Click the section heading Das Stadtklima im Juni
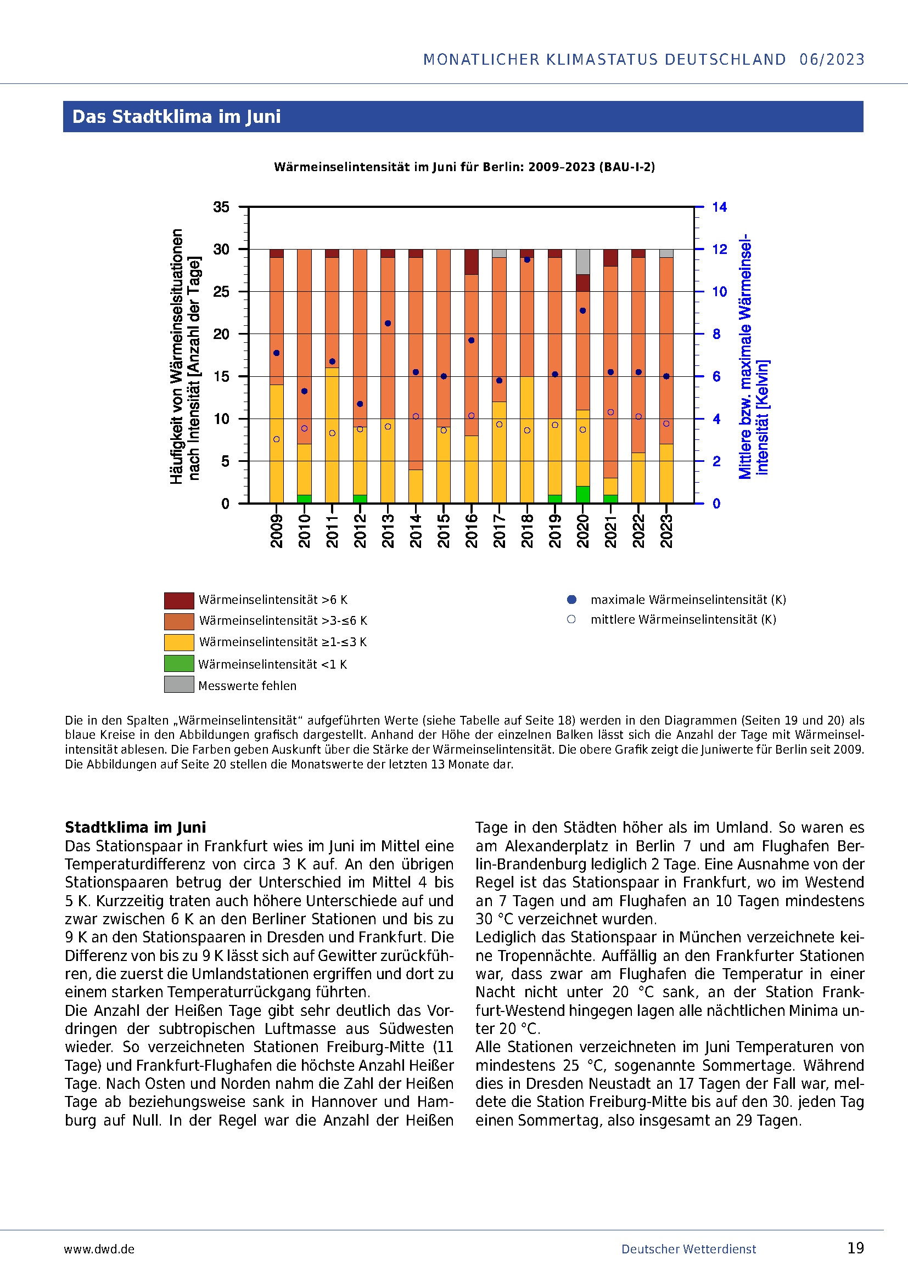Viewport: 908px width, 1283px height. [x=176, y=117]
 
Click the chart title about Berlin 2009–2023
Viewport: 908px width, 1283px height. [x=464, y=167]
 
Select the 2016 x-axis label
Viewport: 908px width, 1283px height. [x=471, y=531]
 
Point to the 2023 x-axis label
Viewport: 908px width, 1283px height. [x=666, y=531]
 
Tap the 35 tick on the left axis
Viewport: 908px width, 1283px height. [x=221, y=207]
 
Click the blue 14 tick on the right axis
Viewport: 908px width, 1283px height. [x=719, y=207]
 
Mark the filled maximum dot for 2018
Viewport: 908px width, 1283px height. [x=526, y=260]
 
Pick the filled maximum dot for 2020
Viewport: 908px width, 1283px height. [x=582, y=310]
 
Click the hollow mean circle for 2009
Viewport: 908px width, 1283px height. [x=276, y=439]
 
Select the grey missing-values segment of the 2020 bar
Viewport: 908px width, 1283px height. [x=582, y=262]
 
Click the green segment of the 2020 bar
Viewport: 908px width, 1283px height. [x=582, y=495]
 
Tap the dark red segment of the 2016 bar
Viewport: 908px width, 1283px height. [x=472, y=262]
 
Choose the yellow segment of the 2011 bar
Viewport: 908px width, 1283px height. [x=332, y=435]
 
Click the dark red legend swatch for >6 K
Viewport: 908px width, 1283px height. [x=179, y=600]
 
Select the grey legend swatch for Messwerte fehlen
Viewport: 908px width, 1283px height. [x=179, y=685]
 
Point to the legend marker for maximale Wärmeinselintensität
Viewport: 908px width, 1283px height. [x=571, y=600]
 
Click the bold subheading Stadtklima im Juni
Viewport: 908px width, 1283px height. [x=135, y=827]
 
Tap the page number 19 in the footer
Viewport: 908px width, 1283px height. [x=855, y=1248]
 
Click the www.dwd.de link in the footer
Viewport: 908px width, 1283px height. [x=99, y=1249]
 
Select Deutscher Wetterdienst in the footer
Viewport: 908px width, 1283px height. [x=688, y=1249]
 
